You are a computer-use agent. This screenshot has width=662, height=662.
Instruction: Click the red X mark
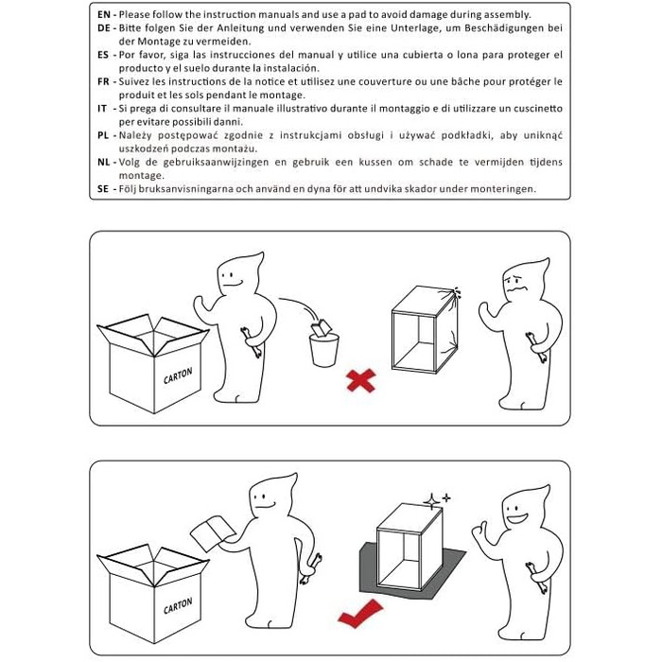click(x=361, y=380)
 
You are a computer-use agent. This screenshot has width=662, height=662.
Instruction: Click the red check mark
click(x=360, y=613)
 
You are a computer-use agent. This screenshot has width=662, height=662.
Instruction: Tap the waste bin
click(x=323, y=350)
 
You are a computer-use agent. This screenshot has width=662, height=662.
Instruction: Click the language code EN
click(x=103, y=15)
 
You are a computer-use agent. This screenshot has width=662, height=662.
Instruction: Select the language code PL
click(x=103, y=135)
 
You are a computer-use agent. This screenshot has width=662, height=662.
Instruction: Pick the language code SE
click(x=103, y=189)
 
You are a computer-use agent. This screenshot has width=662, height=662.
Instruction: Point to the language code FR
click(x=103, y=81)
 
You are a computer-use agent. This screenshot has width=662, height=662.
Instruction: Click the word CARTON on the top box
click(x=178, y=375)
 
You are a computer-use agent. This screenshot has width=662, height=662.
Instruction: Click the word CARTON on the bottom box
click(x=178, y=605)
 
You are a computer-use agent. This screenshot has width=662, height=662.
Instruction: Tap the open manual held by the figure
click(x=213, y=532)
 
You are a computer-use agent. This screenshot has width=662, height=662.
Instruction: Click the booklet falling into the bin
click(x=321, y=328)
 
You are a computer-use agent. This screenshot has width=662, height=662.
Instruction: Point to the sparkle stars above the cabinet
click(x=437, y=500)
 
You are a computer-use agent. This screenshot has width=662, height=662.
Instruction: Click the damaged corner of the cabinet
click(x=455, y=293)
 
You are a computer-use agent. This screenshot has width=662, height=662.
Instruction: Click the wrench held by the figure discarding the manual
click(x=251, y=342)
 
